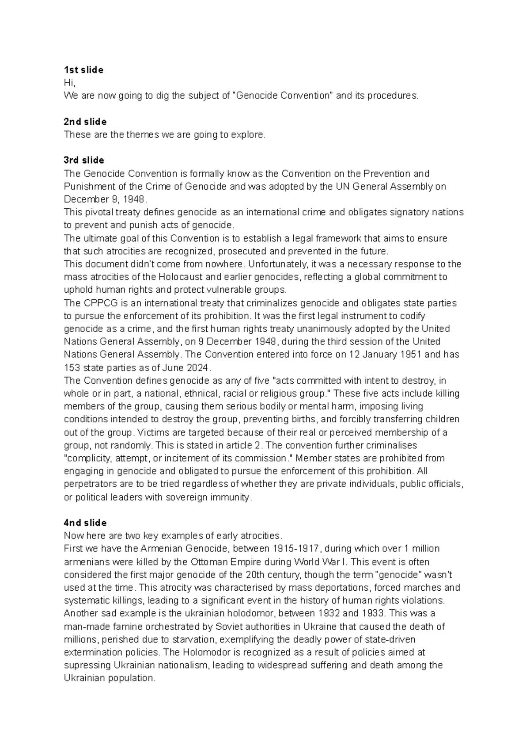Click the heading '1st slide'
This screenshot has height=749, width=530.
[83, 70]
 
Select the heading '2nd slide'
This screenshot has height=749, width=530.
[85, 122]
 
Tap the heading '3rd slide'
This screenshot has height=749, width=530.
[84, 160]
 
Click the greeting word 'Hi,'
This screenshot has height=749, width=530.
[70, 83]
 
